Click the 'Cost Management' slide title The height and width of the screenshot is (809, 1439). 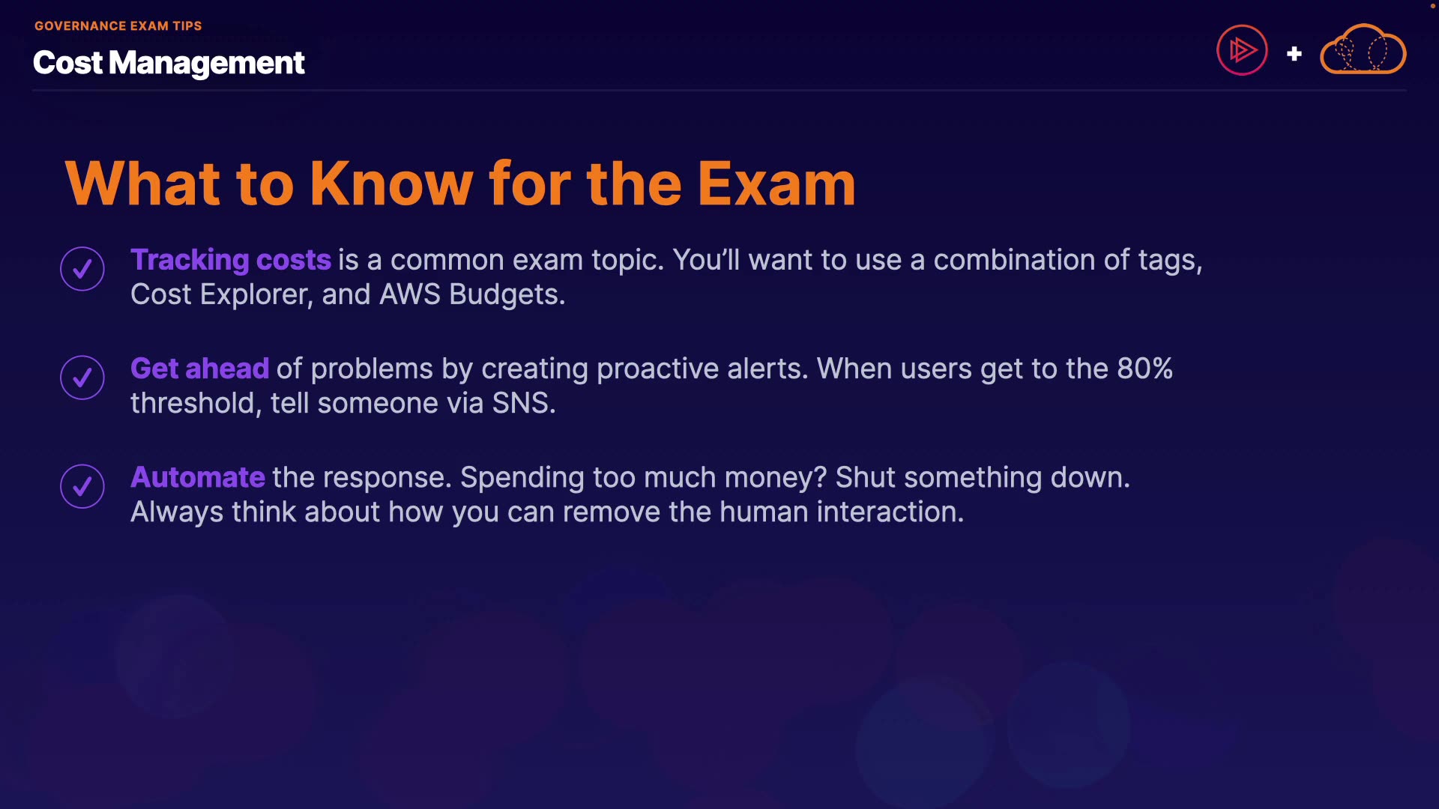[x=169, y=63]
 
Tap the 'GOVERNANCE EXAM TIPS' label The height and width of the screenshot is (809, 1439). [x=118, y=25]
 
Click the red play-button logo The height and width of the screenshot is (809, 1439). [x=1242, y=50]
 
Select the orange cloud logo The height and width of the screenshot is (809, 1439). [x=1363, y=49]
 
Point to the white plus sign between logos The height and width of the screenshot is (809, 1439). [x=1294, y=54]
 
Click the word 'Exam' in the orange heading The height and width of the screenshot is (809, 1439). [x=776, y=184]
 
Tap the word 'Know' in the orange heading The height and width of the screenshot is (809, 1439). [x=391, y=184]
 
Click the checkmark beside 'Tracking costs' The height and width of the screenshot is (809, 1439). [x=82, y=268]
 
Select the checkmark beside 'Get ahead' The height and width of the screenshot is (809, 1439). [x=82, y=378]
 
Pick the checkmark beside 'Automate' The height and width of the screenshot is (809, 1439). [x=82, y=486]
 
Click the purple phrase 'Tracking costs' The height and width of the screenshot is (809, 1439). [x=231, y=261]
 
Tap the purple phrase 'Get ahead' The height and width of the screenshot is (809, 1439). [x=199, y=369]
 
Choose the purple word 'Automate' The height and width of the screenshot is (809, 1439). [x=198, y=477]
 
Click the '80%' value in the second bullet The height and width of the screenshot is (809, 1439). [x=1145, y=369]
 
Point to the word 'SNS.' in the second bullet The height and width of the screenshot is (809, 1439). [x=524, y=403]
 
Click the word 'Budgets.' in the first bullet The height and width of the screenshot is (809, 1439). [x=507, y=295]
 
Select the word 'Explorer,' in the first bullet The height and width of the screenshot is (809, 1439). [x=256, y=295]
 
